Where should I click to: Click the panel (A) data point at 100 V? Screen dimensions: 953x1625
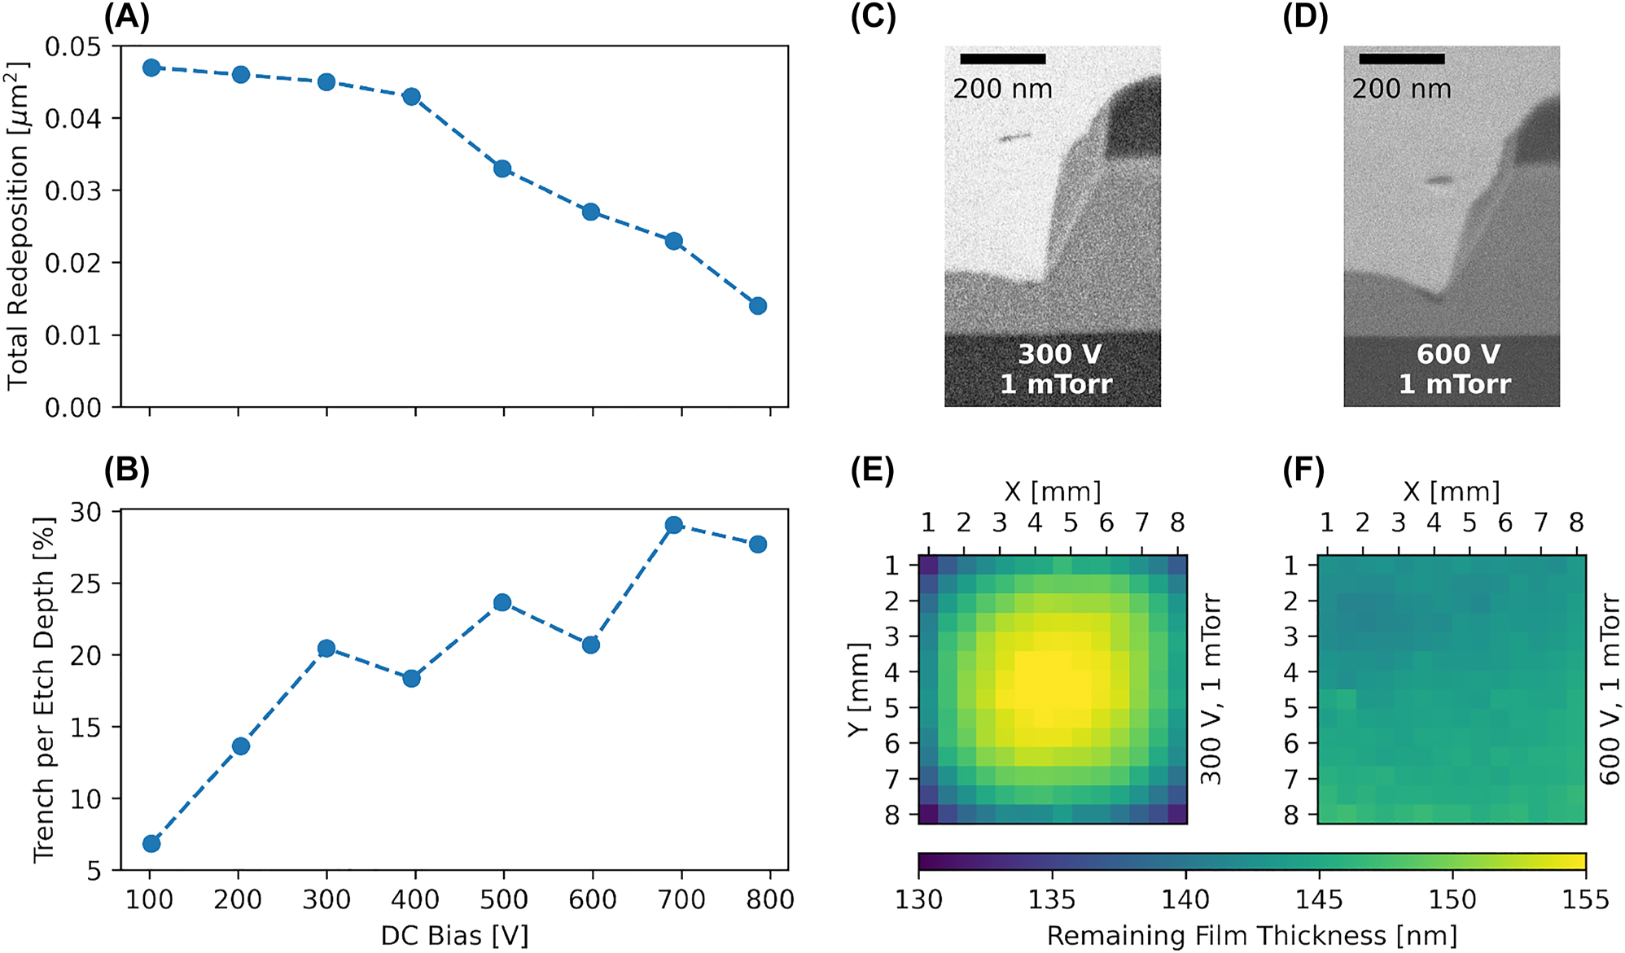click(x=151, y=68)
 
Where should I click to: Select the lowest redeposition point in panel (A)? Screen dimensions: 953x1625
click(x=758, y=306)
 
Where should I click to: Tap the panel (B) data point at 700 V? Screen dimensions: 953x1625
click(x=673, y=525)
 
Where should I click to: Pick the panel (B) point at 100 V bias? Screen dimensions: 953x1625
click(x=151, y=844)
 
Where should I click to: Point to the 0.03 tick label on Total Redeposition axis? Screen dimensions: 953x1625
click(x=72, y=190)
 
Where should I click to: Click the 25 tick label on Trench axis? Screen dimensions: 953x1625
click(x=85, y=584)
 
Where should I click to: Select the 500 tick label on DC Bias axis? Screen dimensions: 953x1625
click(x=504, y=900)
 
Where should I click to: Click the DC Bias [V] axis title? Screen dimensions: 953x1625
click(x=454, y=936)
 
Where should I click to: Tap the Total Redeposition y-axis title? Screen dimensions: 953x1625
click(x=18, y=226)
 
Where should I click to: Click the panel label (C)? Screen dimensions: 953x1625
click(x=873, y=18)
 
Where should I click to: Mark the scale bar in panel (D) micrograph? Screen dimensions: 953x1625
click(x=1401, y=59)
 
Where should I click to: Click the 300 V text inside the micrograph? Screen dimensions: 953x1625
click(x=1059, y=354)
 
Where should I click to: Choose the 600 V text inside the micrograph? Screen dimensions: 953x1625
click(x=1457, y=354)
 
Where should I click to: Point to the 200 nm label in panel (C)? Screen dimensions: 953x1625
click(x=1002, y=89)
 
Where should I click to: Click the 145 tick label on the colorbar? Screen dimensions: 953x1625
click(x=1319, y=900)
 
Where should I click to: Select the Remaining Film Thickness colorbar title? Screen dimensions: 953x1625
click(x=1251, y=936)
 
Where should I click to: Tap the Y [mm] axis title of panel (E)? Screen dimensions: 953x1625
click(x=859, y=689)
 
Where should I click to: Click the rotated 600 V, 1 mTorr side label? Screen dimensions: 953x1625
click(x=1610, y=689)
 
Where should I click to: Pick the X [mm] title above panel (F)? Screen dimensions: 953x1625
click(x=1451, y=492)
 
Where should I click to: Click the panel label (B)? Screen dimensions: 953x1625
click(x=127, y=470)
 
